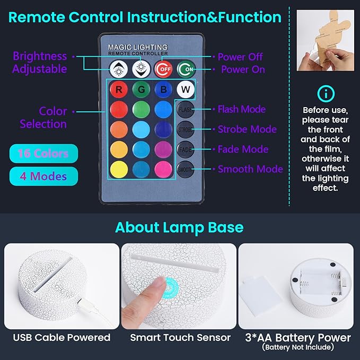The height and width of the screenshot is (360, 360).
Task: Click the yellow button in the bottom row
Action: (x=118, y=170)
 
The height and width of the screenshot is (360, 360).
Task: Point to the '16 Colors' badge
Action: (x=43, y=154)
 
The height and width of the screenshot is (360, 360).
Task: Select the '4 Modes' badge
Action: (x=43, y=176)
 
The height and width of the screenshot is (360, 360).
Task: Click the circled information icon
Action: (x=326, y=94)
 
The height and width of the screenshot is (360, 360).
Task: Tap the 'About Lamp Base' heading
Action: (x=180, y=228)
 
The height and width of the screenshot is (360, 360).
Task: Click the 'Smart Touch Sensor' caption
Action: (x=180, y=337)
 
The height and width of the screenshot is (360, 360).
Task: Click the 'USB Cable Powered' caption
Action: (x=62, y=337)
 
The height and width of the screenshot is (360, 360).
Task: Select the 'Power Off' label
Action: (x=240, y=57)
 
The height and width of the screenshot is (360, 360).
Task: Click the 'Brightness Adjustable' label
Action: (x=40, y=63)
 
